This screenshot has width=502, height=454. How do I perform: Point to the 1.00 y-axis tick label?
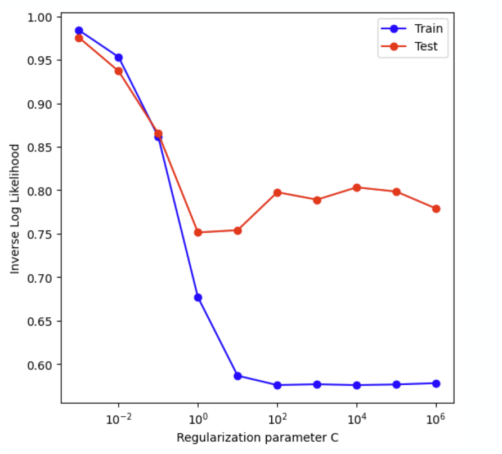coord(39,17)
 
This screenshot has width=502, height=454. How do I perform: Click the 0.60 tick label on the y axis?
coord(39,365)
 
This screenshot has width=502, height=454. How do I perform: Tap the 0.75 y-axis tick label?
coord(39,234)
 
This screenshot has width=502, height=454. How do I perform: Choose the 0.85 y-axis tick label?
coord(39,148)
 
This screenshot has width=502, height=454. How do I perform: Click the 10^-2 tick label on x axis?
coord(118,418)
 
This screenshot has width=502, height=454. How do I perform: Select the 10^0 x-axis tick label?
coord(198,418)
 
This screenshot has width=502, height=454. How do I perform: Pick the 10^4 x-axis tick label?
coord(356,418)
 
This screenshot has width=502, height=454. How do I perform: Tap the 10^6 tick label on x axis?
coord(436,418)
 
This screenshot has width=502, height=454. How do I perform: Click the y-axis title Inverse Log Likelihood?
coord(15,209)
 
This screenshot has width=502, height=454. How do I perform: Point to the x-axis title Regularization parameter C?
coord(257,438)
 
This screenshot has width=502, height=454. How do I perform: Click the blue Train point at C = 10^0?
coord(198,297)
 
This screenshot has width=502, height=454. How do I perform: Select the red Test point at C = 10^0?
coord(198,232)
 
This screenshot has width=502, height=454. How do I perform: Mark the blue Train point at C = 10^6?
coord(436,384)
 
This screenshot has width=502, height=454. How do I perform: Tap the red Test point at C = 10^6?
coord(436,208)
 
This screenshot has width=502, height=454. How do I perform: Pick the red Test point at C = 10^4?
coord(357,188)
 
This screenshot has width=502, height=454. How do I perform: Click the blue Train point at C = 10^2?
coord(277,385)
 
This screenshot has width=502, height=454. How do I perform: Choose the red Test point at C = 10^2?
coord(277,193)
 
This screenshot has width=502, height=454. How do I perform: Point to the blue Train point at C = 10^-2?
coord(119,57)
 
